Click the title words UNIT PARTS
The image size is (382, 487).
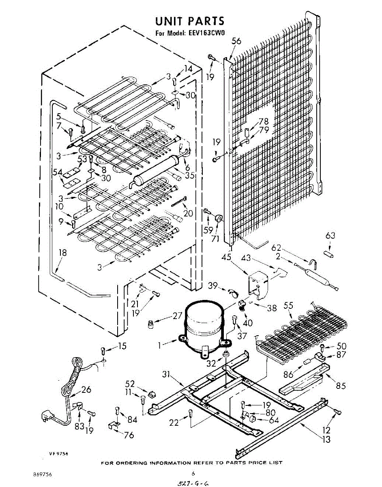(x=190, y=21)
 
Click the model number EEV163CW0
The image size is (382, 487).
(x=204, y=34)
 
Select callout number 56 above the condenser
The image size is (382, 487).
(x=236, y=41)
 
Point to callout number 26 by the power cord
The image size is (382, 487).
(x=86, y=390)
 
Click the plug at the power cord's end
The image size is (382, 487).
(x=46, y=416)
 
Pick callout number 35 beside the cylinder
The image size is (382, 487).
(x=189, y=176)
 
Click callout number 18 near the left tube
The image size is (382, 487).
(x=62, y=252)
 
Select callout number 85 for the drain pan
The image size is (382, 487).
(x=341, y=386)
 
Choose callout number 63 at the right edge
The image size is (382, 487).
(x=331, y=235)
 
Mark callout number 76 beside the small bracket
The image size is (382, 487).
(x=129, y=436)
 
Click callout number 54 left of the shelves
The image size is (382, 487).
(x=58, y=172)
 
